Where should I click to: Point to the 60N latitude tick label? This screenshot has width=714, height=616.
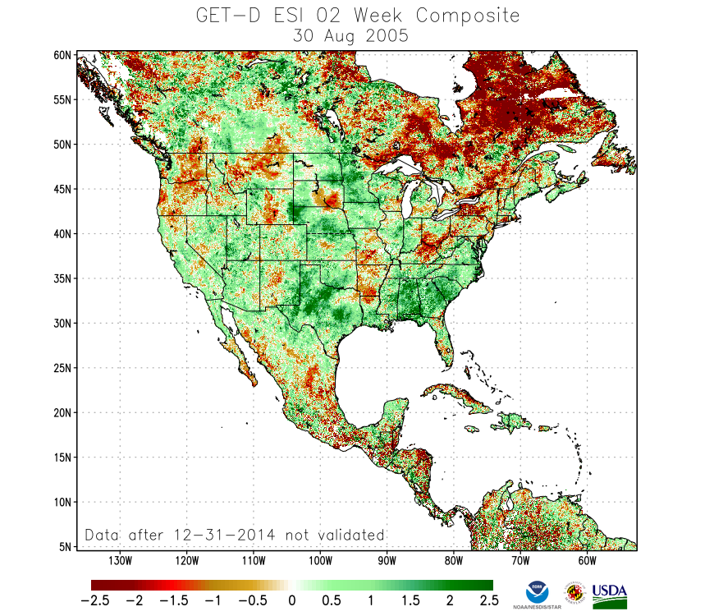point(64,55)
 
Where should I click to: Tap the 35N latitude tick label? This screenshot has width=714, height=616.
point(64,278)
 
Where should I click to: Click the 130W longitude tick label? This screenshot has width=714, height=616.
point(120,561)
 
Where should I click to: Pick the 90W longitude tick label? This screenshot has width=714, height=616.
point(387,561)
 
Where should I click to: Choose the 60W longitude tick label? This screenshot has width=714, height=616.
point(586,561)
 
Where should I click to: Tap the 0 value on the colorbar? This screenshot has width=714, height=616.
point(291,600)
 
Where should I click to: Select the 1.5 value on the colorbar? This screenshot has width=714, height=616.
point(410,600)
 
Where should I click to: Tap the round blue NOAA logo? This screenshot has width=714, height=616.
point(538,591)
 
